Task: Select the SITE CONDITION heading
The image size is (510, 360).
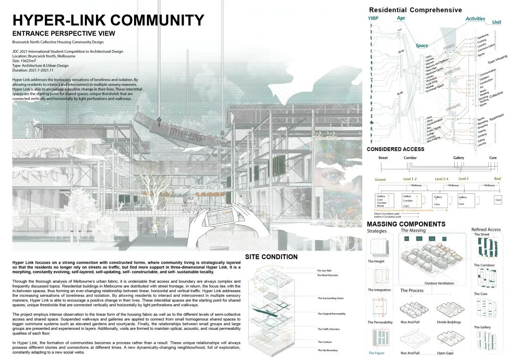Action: (x=271, y=257)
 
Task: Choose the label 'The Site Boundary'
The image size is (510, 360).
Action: (x=327, y=351)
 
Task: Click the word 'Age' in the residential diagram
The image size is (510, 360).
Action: (x=401, y=18)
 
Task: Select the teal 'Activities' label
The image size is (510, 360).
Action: (x=475, y=18)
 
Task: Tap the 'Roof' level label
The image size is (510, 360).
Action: (x=497, y=179)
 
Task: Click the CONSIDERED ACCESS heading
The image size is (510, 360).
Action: (x=395, y=149)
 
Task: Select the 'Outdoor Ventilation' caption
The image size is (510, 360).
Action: (x=439, y=283)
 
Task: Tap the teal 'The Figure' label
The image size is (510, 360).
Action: (x=376, y=353)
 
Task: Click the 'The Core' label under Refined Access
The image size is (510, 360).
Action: (x=480, y=294)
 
